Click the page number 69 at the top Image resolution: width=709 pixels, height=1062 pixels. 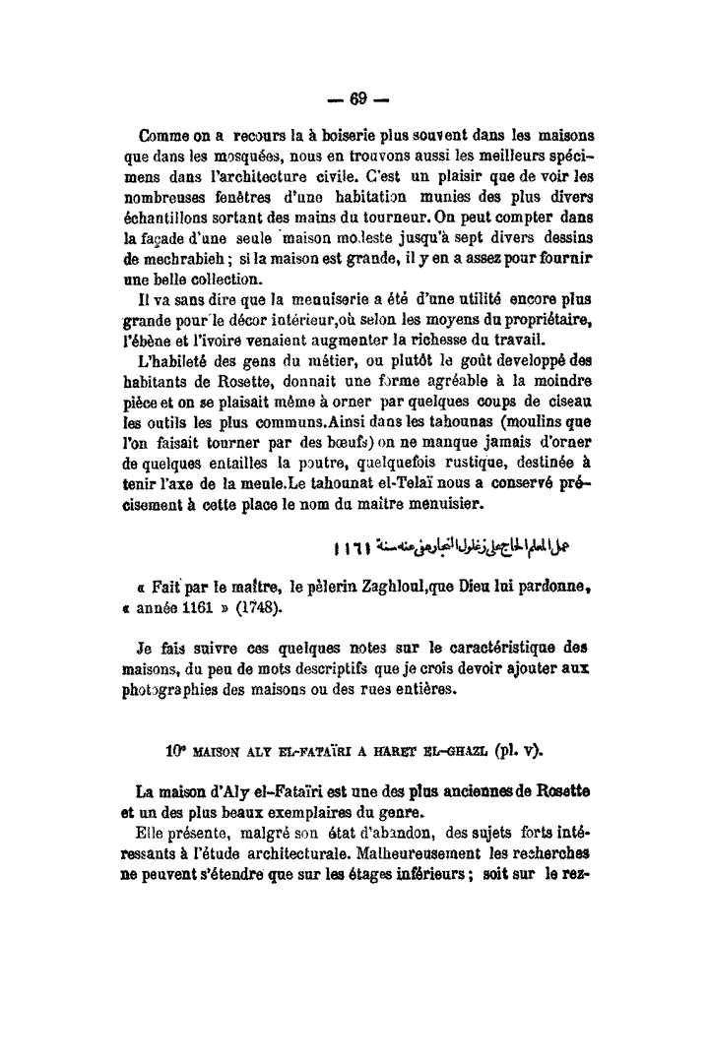point(356,97)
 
